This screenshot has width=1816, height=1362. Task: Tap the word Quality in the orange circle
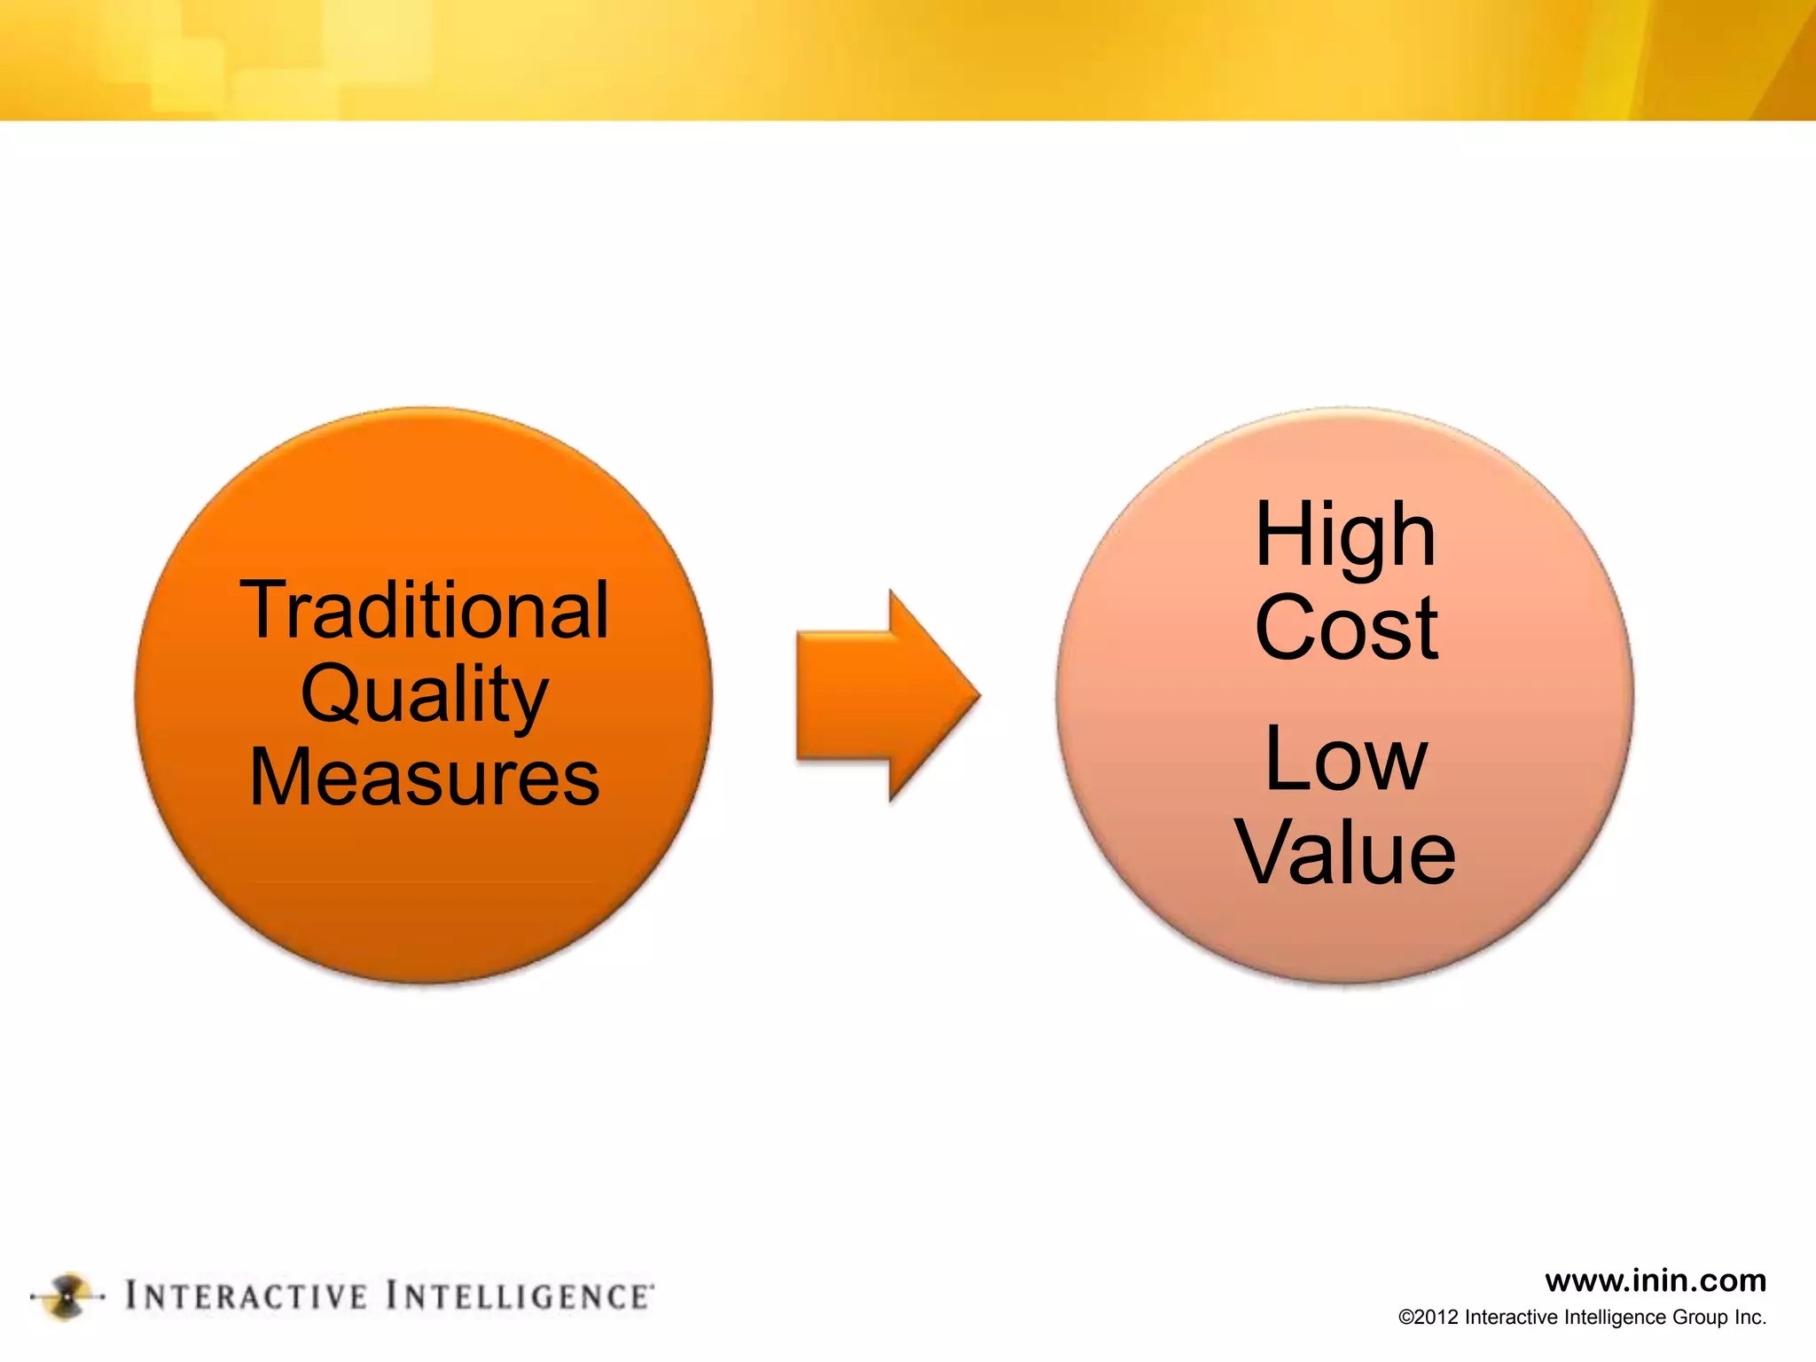pyautogui.click(x=425, y=693)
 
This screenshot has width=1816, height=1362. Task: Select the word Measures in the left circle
pyautogui.click(x=425, y=777)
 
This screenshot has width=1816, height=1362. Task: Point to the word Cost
pyautogui.click(x=1345, y=628)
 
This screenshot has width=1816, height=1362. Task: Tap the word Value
pyautogui.click(x=1345, y=853)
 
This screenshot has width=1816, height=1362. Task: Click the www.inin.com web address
pyautogui.click(x=1655, y=1280)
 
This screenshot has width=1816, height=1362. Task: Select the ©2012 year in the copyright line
pyautogui.click(x=1429, y=1318)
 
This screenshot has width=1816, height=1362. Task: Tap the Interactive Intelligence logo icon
pyautogui.click(x=67, y=1297)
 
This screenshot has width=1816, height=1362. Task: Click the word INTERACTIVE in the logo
pyautogui.click(x=247, y=1296)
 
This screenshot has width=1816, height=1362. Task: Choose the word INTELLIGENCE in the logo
pyautogui.click(x=519, y=1296)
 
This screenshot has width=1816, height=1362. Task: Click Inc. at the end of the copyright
pyautogui.click(x=1750, y=1318)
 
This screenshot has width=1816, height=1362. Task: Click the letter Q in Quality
pyautogui.click(x=329, y=693)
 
